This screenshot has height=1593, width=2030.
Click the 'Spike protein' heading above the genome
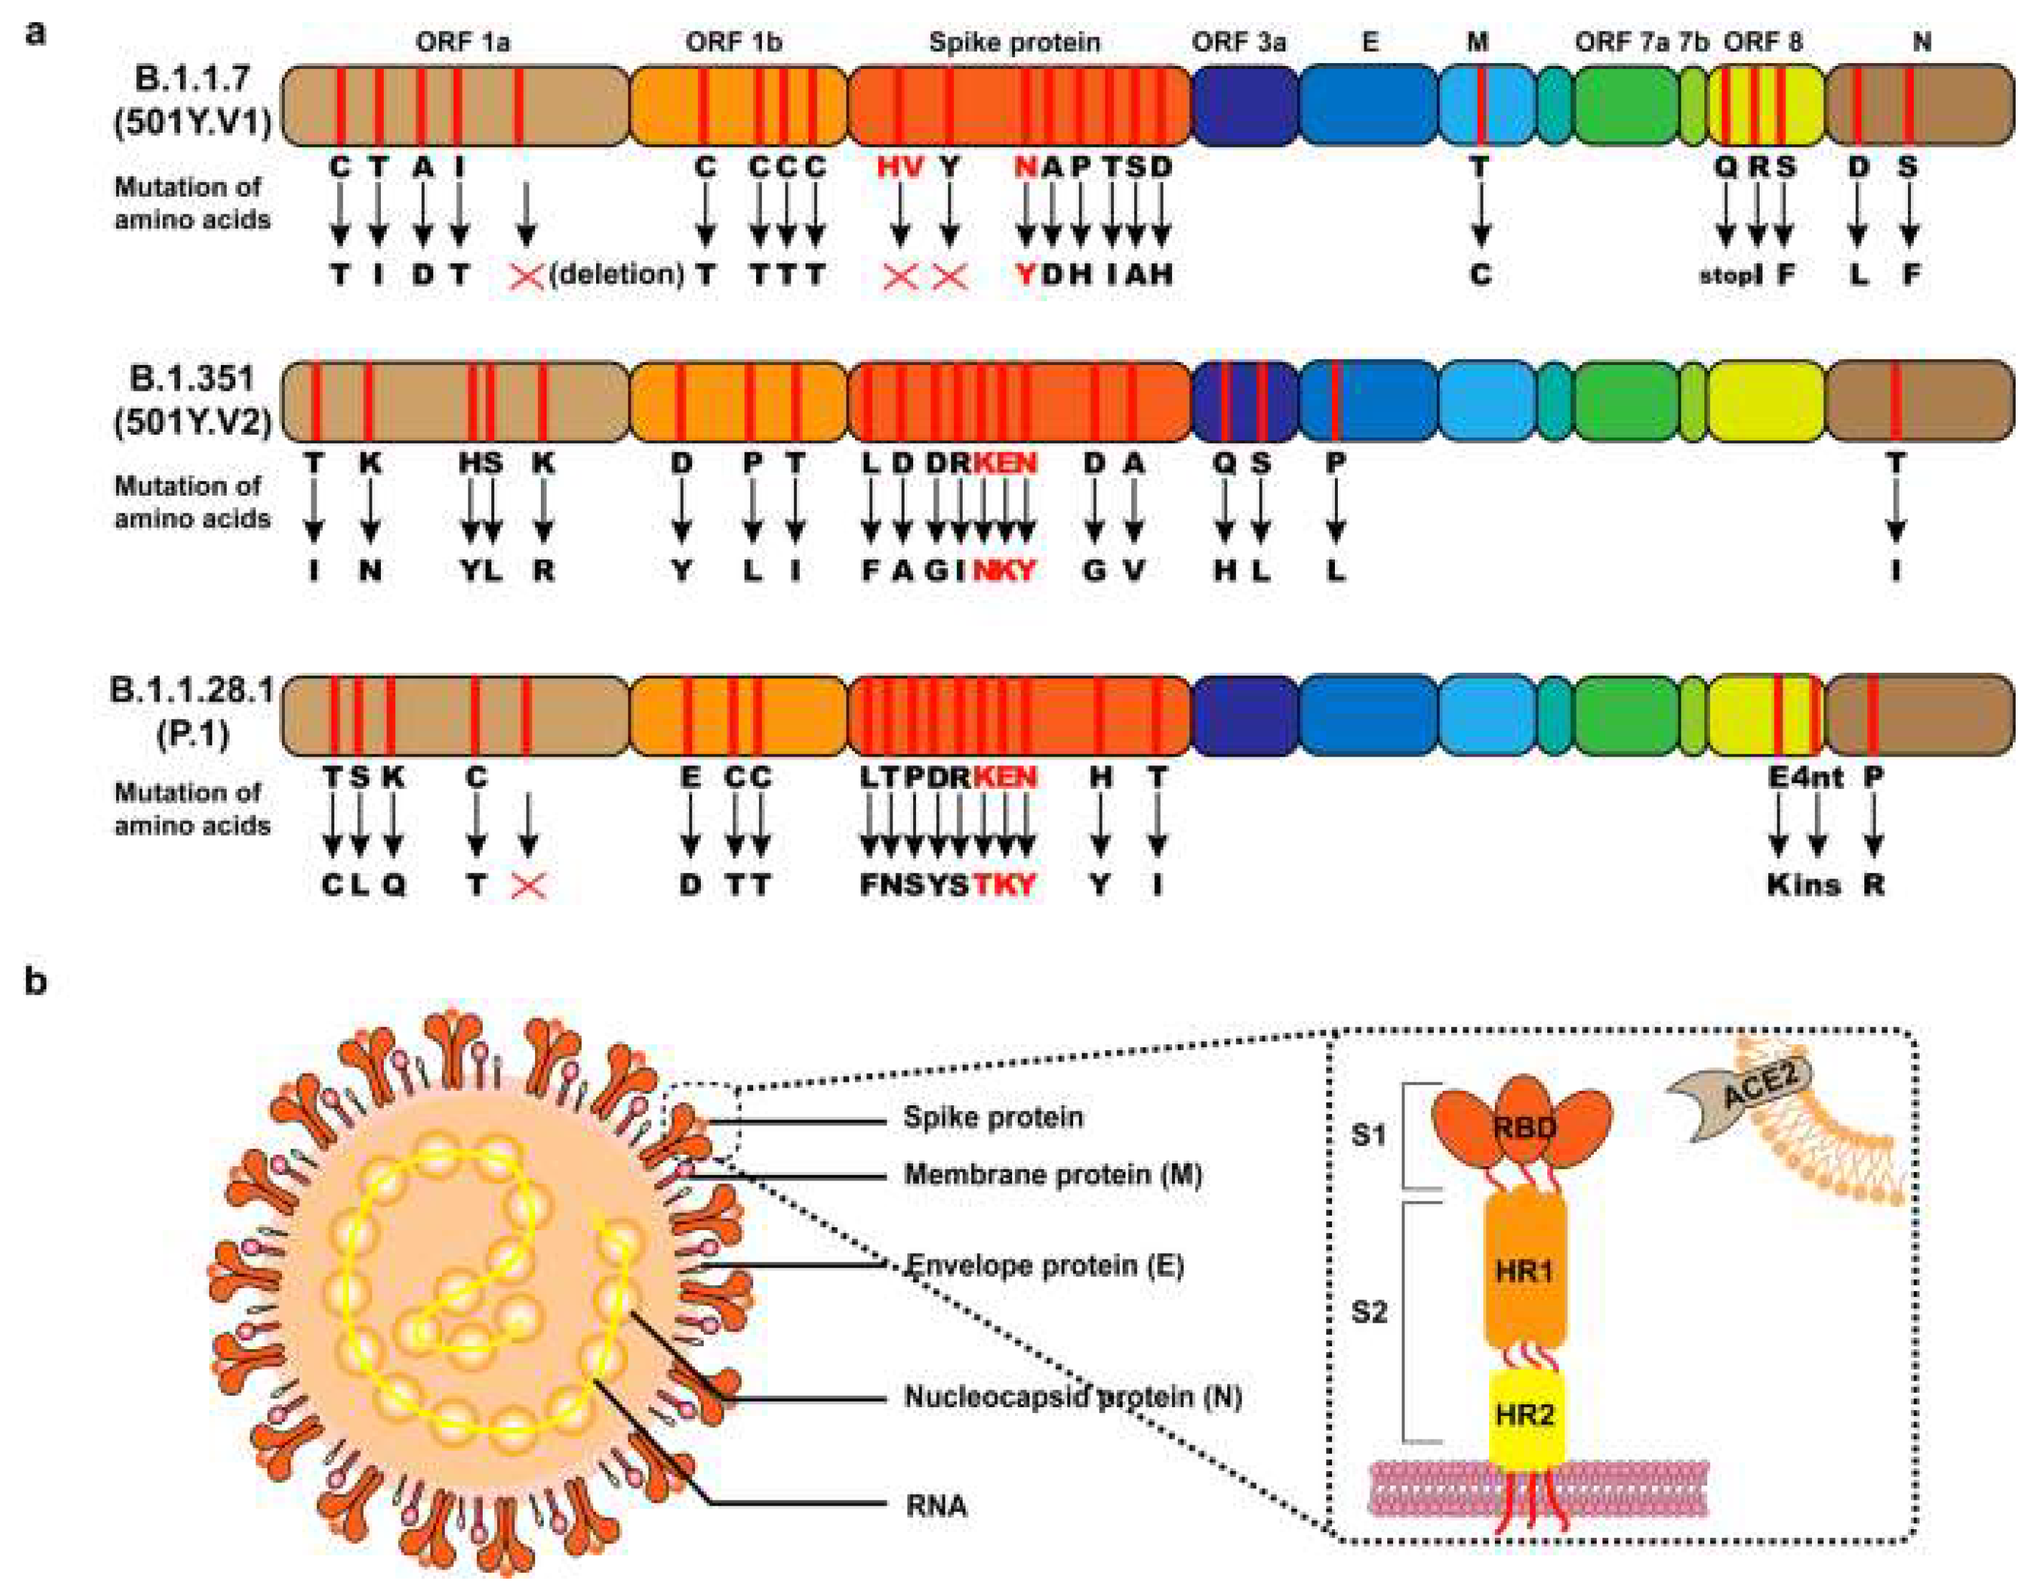pyautogui.click(x=1014, y=42)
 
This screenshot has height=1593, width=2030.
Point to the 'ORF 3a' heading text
pyautogui.click(x=1238, y=42)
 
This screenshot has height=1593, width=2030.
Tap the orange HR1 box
pyautogui.click(x=1524, y=1270)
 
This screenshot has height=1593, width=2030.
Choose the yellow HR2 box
pyautogui.click(x=1524, y=1415)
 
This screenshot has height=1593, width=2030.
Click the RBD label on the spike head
pyautogui.click(x=1524, y=1128)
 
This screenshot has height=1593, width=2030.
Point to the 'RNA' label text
pyautogui.click(x=935, y=1506)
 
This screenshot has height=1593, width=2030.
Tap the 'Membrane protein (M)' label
pyautogui.click(x=1052, y=1174)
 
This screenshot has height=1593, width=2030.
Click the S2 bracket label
pyautogui.click(x=1369, y=1313)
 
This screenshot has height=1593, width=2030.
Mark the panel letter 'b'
pyautogui.click(x=35, y=982)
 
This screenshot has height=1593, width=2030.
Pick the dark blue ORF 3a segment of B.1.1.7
pyautogui.click(x=1244, y=105)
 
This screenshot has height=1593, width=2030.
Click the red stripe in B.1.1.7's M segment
pyautogui.click(x=1480, y=105)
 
